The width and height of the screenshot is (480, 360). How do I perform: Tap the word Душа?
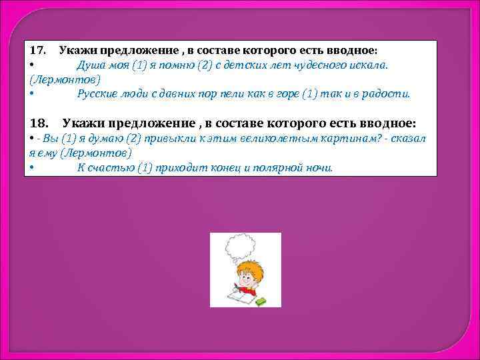click(90, 65)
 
